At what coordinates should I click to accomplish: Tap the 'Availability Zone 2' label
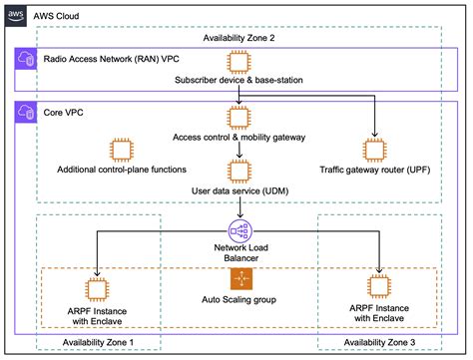[x=237, y=37]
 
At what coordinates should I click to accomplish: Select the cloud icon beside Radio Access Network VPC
[x=26, y=60]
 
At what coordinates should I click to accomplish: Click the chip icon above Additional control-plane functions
[x=122, y=150]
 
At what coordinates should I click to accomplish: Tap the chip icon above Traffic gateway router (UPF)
[x=375, y=150]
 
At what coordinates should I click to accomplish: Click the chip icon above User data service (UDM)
[x=237, y=166]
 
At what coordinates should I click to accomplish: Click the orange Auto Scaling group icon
[x=237, y=278]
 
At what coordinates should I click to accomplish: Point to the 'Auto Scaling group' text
[x=237, y=298]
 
